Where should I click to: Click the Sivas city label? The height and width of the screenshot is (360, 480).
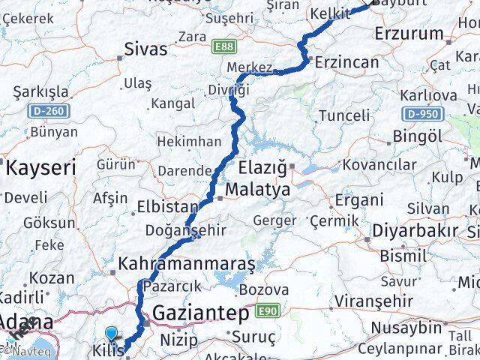pyautogui.click(x=145, y=51)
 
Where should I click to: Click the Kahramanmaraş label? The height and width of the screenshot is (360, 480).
pyautogui.click(x=187, y=264)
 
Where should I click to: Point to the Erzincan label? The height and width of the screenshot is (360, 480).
pyautogui.click(x=347, y=62)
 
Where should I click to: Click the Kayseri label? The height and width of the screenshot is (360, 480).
pyautogui.click(x=41, y=168)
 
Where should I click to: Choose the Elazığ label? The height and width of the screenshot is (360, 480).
pyautogui.click(x=262, y=166)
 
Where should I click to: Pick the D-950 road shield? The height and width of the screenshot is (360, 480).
pyautogui.click(x=421, y=114)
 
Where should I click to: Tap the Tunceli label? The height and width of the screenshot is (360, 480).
pyautogui.click(x=344, y=115)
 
